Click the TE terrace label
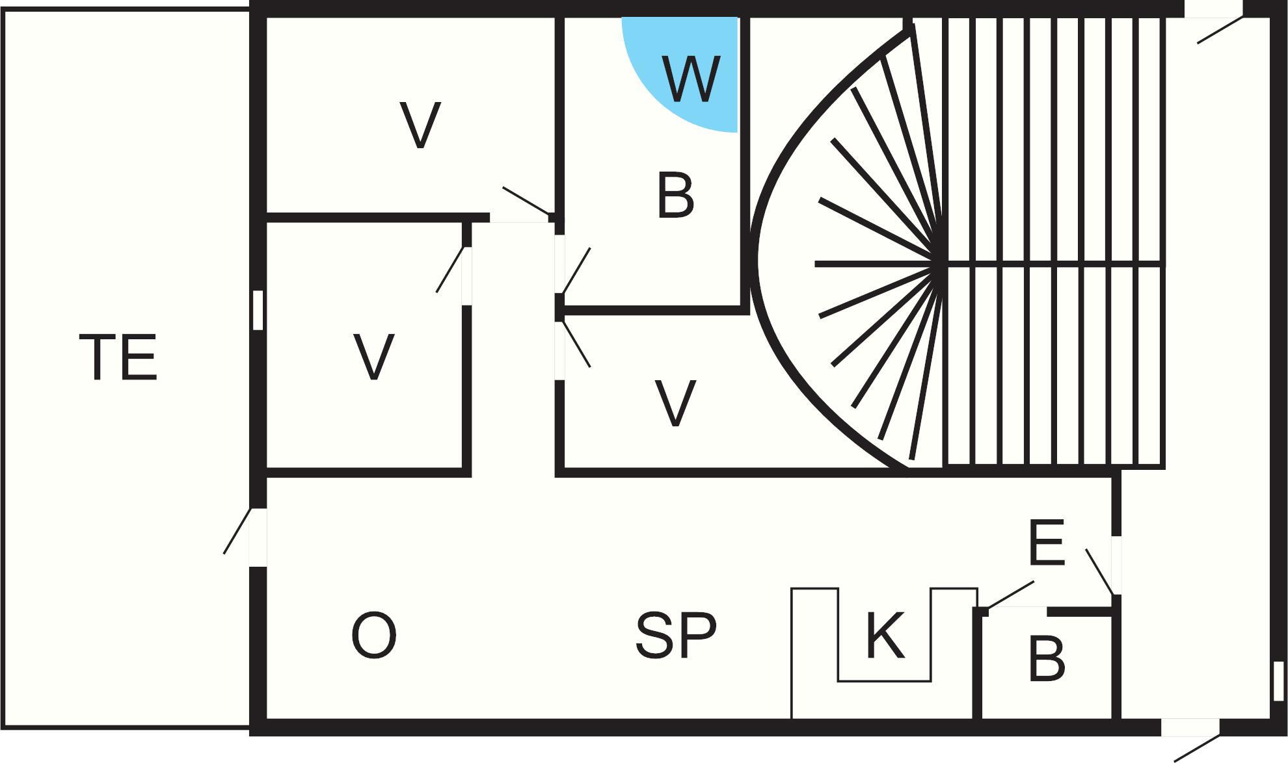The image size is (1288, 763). pyautogui.click(x=118, y=357)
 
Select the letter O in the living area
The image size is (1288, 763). pyautogui.click(x=373, y=636)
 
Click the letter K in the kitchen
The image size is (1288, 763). pyautogui.click(x=885, y=635)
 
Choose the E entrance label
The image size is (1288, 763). pyautogui.click(x=1046, y=542)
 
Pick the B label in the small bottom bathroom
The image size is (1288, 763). pyautogui.click(x=1047, y=659)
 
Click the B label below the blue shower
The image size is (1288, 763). pyautogui.click(x=675, y=195)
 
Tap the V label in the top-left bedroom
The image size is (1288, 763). pyautogui.click(x=420, y=125)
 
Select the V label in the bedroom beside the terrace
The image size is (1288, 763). pyautogui.click(x=374, y=357)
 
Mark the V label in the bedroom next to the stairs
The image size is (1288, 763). pyautogui.click(x=675, y=403)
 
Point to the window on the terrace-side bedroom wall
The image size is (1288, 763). pyautogui.click(x=258, y=310)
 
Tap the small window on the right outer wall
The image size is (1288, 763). pyautogui.click(x=1278, y=680)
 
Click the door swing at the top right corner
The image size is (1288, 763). pyautogui.click(x=1220, y=30)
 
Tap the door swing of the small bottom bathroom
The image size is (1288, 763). pyautogui.click(x=1010, y=595)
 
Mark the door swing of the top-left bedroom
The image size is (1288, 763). pyautogui.click(x=526, y=200)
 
